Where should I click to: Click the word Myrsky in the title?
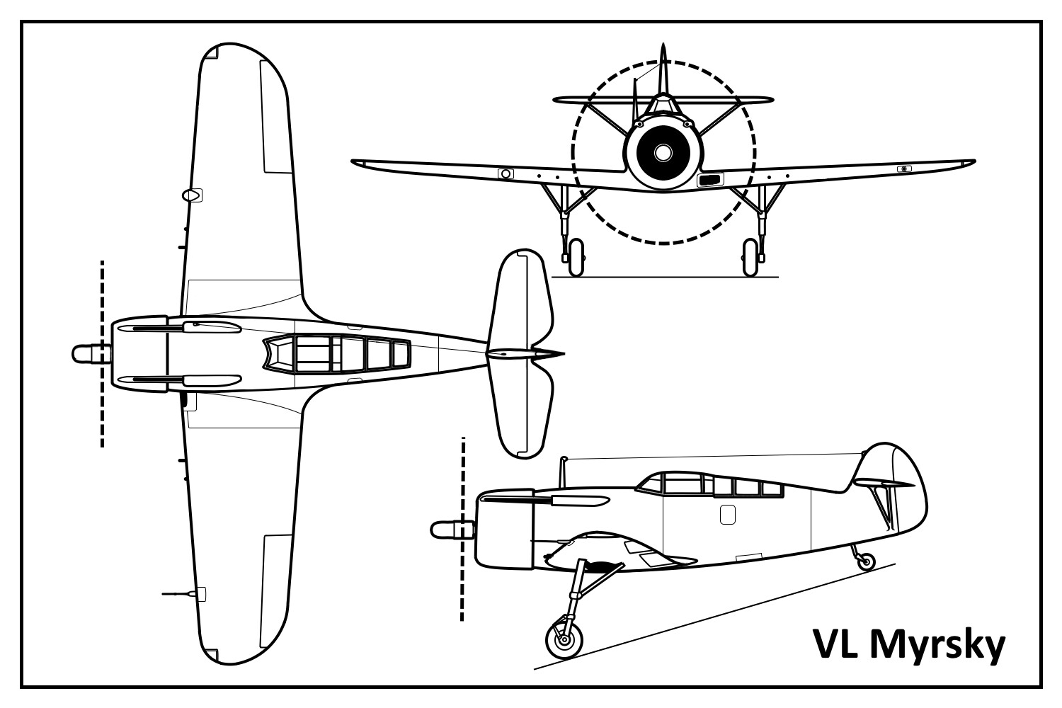937,646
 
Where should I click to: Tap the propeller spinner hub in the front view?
663,152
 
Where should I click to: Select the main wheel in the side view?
564,639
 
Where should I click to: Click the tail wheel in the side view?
864,563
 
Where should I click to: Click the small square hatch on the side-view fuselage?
727,515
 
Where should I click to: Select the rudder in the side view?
903,496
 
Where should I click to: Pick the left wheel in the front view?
576,257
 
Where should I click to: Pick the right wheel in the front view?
750,257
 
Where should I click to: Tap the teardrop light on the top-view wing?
190,195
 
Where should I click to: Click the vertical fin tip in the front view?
663,51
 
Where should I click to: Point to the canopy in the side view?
708,485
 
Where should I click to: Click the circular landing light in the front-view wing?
505,173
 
